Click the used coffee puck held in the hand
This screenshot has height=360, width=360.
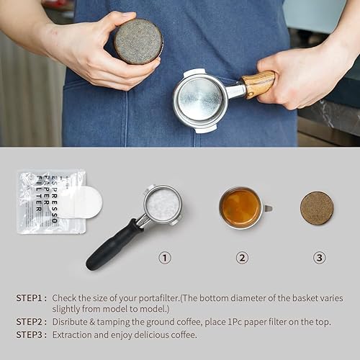(138, 41)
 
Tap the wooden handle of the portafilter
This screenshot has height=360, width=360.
(258, 84)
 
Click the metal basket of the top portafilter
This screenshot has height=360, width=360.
(200, 99)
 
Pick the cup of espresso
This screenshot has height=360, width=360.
(241, 207)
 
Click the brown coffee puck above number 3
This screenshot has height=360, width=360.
(317, 207)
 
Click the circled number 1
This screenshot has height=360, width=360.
(165, 257)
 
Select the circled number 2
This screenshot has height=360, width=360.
(242, 257)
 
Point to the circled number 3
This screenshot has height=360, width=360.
(319, 257)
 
